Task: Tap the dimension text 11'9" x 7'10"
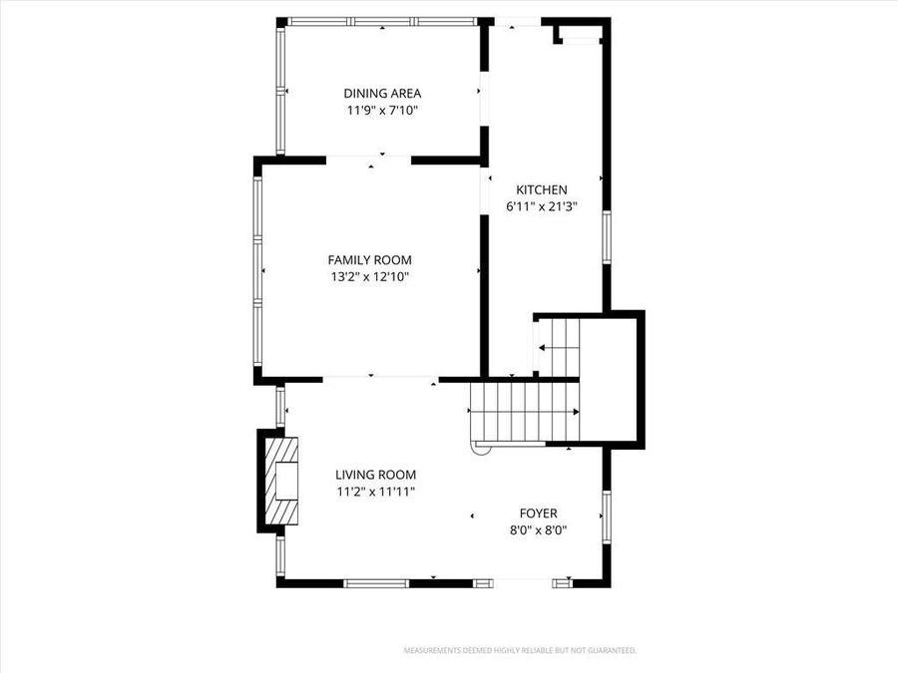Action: pyautogui.click(x=382, y=111)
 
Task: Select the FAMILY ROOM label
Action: pyautogui.click(x=370, y=259)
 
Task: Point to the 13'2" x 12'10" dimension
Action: pyautogui.click(x=370, y=277)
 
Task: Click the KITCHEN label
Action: pyautogui.click(x=542, y=189)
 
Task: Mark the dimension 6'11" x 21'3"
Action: pyautogui.click(x=542, y=207)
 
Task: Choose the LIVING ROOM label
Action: pyautogui.click(x=375, y=475)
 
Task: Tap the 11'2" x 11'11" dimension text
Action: pyautogui.click(x=375, y=492)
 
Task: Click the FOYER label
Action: pyautogui.click(x=538, y=513)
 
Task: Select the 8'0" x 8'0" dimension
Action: pyautogui.click(x=538, y=531)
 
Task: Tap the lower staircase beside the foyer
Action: pyautogui.click(x=525, y=413)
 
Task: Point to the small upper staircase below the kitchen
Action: pyautogui.click(x=558, y=346)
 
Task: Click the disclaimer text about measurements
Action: pyautogui.click(x=519, y=650)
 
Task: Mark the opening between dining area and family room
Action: pyautogui.click(x=368, y=158)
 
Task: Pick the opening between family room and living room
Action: pyautogui.click(x=379, y=379)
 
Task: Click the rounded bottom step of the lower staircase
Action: pyautogui.click(x=481, y=448)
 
